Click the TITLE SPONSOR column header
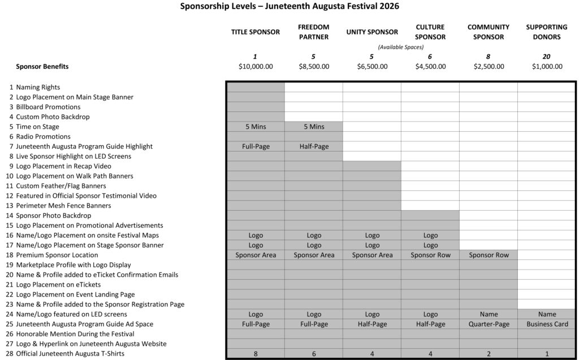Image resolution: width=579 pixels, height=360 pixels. point(255,32)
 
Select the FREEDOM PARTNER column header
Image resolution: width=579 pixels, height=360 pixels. point(313,32)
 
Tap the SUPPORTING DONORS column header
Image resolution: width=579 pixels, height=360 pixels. point(547,32)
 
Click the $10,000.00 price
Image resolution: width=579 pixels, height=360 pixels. point(255,67)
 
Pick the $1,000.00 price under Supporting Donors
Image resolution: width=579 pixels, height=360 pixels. point(547,67)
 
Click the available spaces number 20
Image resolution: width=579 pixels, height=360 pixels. point(547,57)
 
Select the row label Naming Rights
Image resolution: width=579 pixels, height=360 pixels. point(38,87)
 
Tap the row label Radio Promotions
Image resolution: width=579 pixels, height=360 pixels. point(43,136)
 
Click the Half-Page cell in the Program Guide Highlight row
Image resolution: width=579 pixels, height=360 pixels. point(313,146)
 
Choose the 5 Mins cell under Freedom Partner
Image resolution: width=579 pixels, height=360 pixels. point(313,127)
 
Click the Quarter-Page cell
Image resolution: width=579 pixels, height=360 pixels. point(489,324)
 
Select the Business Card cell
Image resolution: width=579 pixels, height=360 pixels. point(547,324)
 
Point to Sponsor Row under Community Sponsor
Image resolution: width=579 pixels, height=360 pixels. point(489,255)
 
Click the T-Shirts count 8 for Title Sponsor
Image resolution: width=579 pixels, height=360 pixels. point(255,354)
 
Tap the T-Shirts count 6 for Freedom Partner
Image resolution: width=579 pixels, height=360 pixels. point(313,354)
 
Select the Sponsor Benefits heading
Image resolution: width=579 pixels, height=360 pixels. point(42,67)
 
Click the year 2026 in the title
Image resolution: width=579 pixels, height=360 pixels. point(389,7)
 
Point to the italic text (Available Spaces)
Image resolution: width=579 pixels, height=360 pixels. point(400,47)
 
